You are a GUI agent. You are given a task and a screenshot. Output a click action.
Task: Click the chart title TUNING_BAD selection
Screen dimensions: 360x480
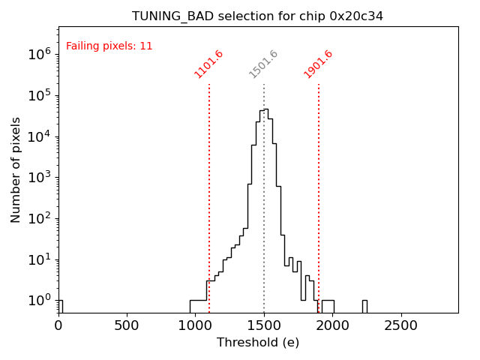click(x=257, y=16)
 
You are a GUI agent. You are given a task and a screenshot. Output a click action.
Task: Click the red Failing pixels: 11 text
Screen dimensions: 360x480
click(x=109, y=46)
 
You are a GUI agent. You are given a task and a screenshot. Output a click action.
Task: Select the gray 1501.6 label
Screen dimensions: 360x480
click(x=263, y=64)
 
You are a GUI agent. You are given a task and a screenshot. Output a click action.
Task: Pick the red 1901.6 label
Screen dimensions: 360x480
click(x=318, y=64)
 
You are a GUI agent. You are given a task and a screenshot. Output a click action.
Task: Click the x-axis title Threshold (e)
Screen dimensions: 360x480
click(x=258, y=343)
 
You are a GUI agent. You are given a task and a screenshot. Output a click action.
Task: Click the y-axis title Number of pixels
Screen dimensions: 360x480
click(x=16, y=169)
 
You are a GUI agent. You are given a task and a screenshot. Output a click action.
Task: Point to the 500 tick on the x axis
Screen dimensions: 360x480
click(x=127, y=325)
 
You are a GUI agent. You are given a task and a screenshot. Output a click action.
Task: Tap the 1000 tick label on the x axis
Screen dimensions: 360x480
click(x=196, y=325)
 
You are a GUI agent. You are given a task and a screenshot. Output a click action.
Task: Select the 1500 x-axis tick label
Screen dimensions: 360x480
click(x=264, y=325)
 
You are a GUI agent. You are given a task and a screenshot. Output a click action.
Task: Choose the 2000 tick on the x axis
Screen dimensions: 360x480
click(x=333, y=325)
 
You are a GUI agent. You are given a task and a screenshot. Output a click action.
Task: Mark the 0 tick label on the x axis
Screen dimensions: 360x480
click(x=58, y=325)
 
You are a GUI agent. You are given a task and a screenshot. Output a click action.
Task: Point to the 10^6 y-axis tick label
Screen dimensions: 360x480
click(x=38, y=54)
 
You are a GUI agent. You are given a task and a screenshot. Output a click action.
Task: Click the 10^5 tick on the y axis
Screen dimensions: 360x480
click(x=38, y=95)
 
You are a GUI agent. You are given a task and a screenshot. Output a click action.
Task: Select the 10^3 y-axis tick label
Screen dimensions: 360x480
click(x=38, y=178)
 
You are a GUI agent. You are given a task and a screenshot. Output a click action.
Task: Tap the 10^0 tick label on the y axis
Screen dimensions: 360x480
click(x=38, y=301)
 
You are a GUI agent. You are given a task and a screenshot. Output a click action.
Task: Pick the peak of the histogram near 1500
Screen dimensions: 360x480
click(x=265, y=109)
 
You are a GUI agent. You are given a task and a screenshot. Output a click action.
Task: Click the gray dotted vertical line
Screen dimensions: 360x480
click(x=264, y=225)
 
